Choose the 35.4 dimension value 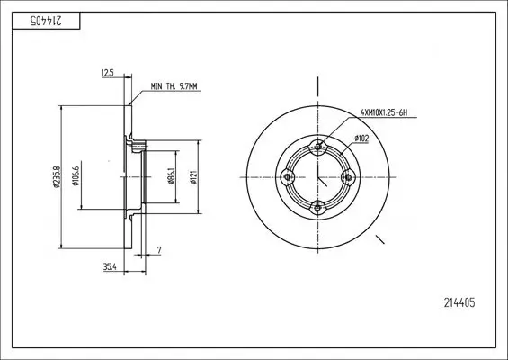(x=109, y=266)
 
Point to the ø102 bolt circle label (x=362, y=138)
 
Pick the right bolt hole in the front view (x=347, y=178)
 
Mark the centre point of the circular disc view (x=317, y=178)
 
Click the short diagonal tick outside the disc (x=379, y=240)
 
